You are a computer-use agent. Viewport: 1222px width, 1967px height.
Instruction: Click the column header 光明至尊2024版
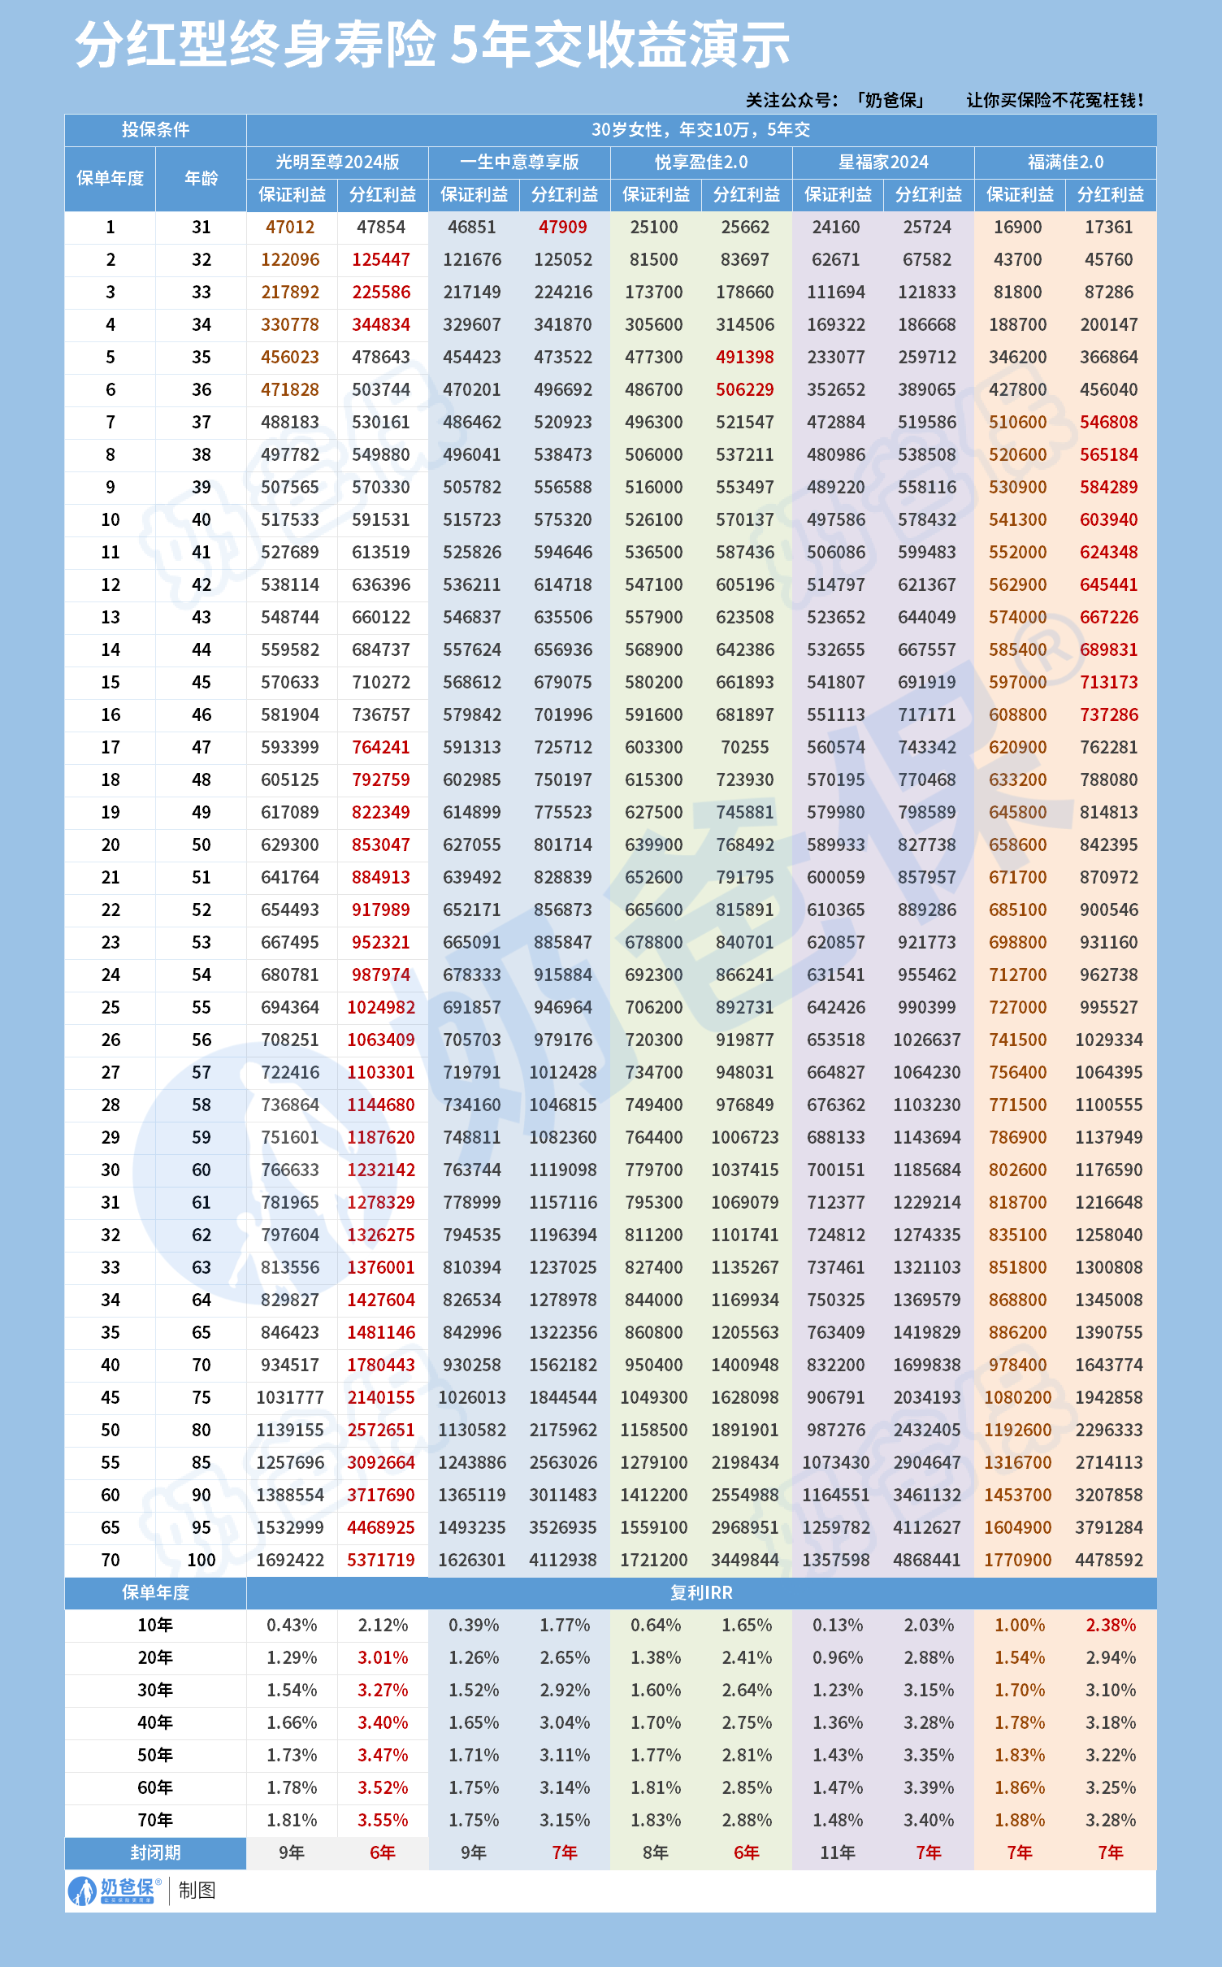coord(337,162)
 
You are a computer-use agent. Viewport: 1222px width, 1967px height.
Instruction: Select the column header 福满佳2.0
coord(1065,162)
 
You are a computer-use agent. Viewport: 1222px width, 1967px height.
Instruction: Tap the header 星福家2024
coord(883,162)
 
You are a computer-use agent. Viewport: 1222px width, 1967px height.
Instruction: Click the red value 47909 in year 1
coord(562,227)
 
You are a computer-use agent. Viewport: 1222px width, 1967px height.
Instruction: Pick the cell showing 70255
coord(744,747)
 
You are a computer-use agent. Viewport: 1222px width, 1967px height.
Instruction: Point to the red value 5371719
coord(381,1560)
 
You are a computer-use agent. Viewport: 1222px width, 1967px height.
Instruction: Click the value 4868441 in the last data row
coord(926,1560)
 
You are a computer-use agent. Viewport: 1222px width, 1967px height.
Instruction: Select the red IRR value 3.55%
coord(383,1820)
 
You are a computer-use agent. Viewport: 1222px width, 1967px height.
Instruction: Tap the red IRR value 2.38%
coord(1111,1625)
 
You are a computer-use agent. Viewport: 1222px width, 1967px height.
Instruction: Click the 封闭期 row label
coord(155,1852)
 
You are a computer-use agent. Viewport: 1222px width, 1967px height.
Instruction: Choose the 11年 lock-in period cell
coord(837,1852)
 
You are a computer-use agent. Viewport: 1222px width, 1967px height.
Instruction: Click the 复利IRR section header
coord(701,1592)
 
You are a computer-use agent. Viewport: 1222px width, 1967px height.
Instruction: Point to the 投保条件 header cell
coord(155,129)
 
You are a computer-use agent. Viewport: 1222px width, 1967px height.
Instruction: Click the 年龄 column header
coord(201,178)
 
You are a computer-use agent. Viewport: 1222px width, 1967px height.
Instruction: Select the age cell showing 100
coord(201,1560)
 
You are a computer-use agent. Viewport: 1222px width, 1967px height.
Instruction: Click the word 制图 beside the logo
coord(197,1891)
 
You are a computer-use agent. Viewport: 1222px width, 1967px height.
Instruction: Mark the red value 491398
coord(744,357)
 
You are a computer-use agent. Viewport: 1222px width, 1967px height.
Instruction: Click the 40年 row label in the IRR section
coord(155,1722)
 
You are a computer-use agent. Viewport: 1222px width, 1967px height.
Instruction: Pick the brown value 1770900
coord(1017,1560)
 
